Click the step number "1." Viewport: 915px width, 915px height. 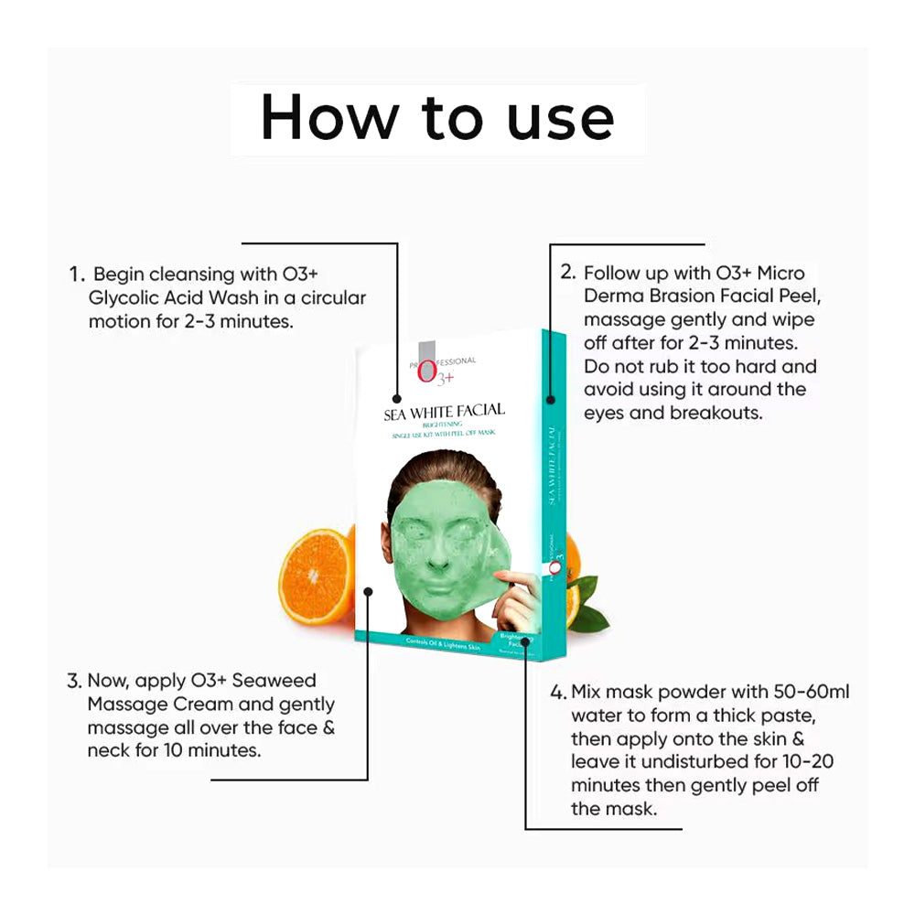point(77,274)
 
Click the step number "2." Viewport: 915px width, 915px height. point(567,273)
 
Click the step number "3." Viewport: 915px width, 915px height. point(75,681)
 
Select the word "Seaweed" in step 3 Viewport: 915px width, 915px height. point(275,681)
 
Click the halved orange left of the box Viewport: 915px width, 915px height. point(317,576)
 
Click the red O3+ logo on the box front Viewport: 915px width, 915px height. point(425,372)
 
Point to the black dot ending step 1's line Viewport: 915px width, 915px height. point(397,400)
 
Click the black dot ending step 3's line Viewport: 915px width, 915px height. point(368,592)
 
